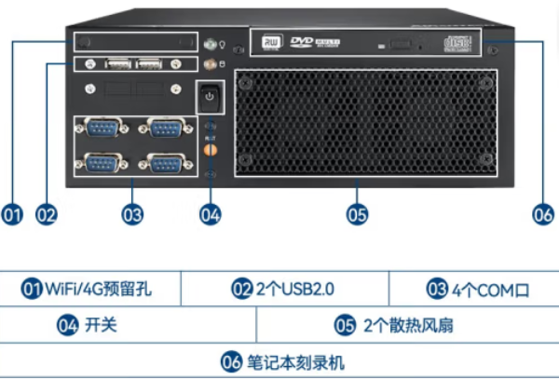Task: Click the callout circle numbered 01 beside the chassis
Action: tap(12, 214)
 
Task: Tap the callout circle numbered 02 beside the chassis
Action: tap(46, 214)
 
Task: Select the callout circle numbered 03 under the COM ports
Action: tap(132, 214)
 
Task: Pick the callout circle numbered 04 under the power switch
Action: tap(211, 214)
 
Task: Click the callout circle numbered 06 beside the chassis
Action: tap(543, 214)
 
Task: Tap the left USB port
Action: tap(117, 64)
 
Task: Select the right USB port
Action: tap(150, 64)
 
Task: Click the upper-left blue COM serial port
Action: tap(102, 128)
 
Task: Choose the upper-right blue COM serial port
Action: tap(162, 128)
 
